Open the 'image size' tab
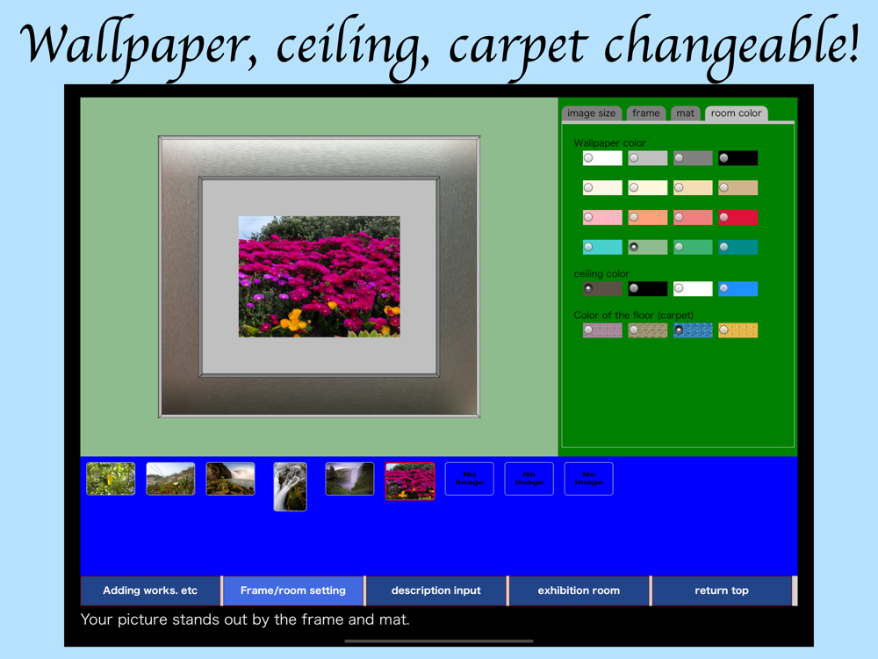tap(591, 113)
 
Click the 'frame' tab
tap(645, 113)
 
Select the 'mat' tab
tap(685, 113)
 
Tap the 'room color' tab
tap(736, 113)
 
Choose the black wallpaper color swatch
tap(738, 158)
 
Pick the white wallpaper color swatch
tap(602, 158)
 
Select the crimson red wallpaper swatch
tap(738, 217)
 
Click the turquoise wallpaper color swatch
tap(602, 247)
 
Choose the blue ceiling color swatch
tap(738, 288)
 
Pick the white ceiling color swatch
tap(693, 288)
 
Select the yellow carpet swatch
tap(738, 330)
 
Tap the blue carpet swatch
tap(693, 330)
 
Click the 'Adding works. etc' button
tap(151, 590)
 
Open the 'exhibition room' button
tap(579, 590)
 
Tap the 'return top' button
tap(723, 590)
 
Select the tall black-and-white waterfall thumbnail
tap(290, 487)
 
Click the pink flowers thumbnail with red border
tap(410, 481)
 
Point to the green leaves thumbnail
tap(111, 479)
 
